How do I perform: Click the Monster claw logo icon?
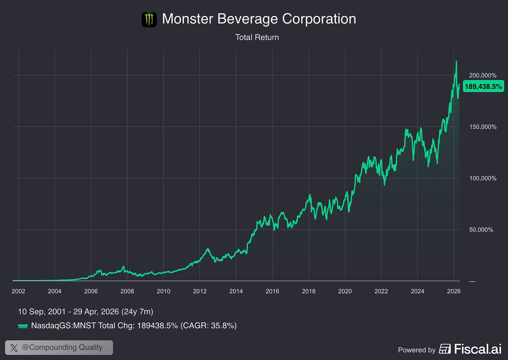point(149,20)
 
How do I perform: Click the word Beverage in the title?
point(247,19)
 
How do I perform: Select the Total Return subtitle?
point(257,37)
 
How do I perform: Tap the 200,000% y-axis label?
point(483,75)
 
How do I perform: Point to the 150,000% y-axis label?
point(483,127)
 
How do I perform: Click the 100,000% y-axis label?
point(483,178)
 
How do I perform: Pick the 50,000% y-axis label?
point(481,230)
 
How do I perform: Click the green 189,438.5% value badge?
point(483,86)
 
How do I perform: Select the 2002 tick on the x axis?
point(18,291)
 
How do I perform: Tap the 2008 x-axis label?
point(127,291)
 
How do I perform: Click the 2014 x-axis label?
point(236,291)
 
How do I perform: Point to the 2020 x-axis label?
point(345,291)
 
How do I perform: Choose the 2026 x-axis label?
point(454,291)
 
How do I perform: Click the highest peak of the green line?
point(456,61)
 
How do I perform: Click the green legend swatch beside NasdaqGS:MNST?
point(23,326)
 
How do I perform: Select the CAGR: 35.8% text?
point(208,325)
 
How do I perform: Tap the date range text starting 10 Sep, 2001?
point(85,312)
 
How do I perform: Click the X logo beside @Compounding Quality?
point(14,348)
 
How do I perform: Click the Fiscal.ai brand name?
point(478,349)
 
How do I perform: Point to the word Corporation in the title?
point(319,19)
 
